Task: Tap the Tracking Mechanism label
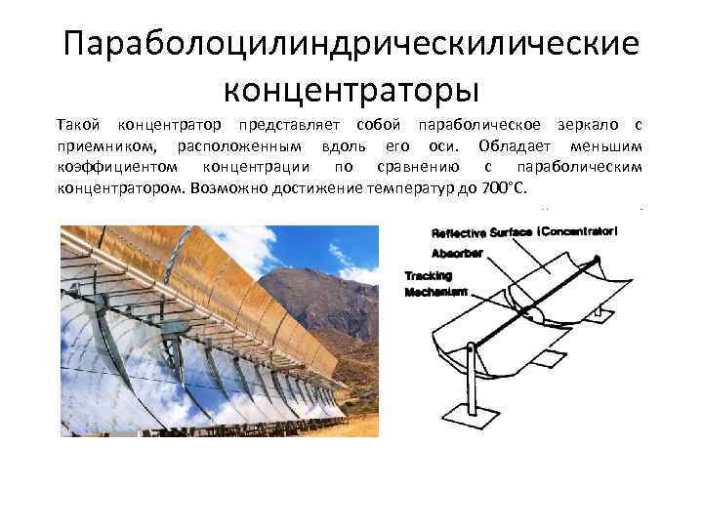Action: tap(435, 283)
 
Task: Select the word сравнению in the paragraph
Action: tap(410, 167)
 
